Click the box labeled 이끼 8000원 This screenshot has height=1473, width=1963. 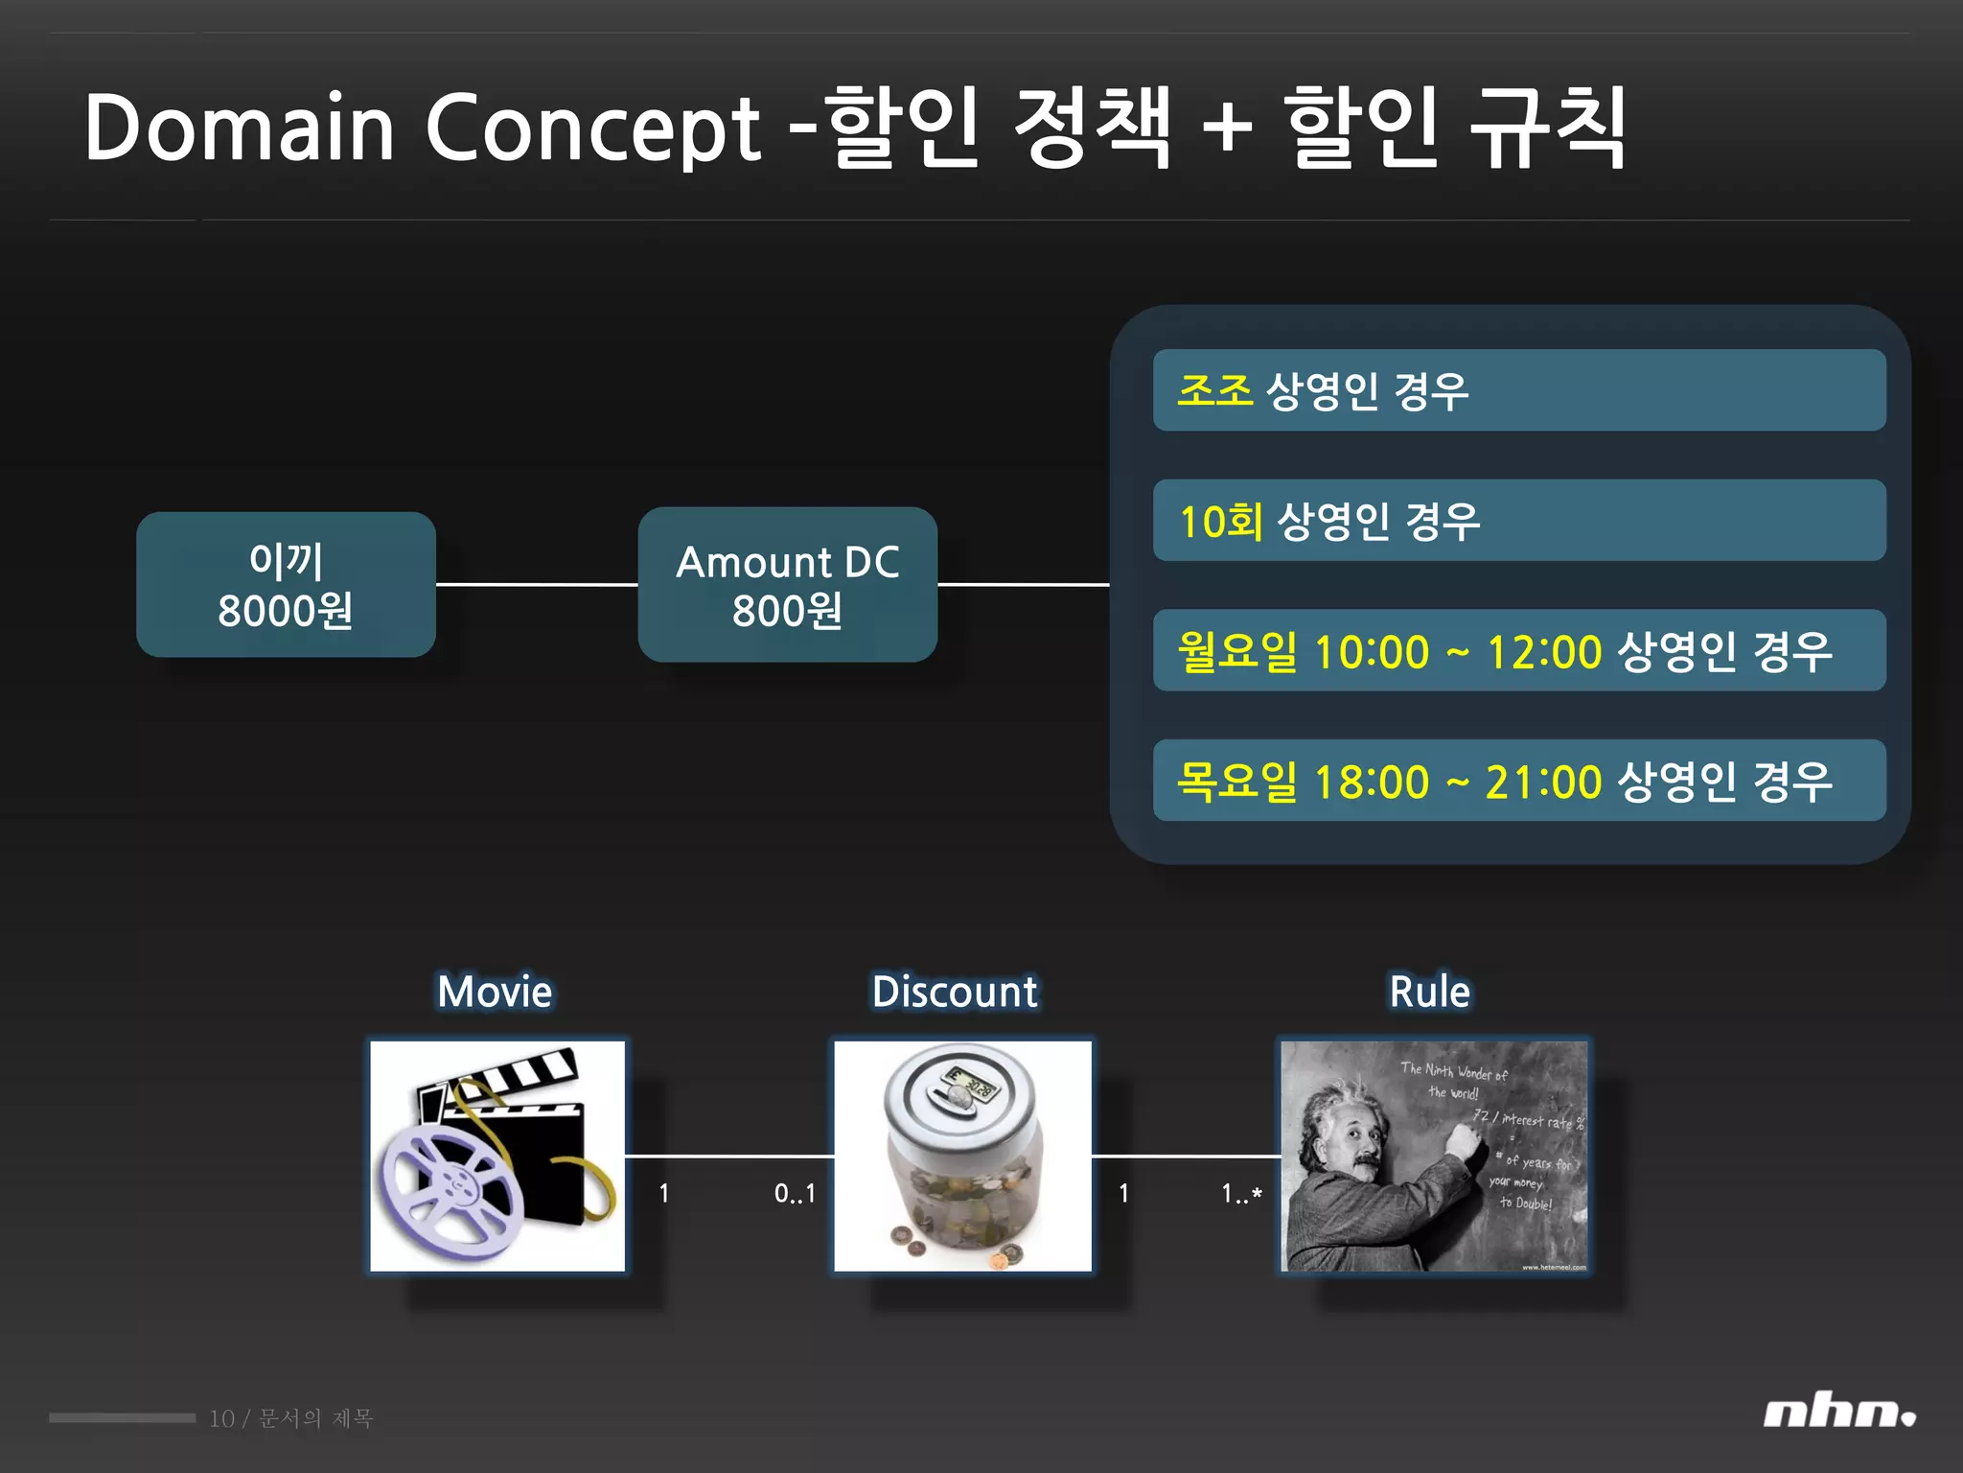[x=286, y=585]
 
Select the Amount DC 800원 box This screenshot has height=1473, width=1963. [x=787, y=585]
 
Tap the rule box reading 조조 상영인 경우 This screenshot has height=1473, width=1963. [x=1518, y=390]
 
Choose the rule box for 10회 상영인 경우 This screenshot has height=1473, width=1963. [x=1518, y=521]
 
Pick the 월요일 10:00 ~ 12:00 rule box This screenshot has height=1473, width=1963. [x=1518, y=651]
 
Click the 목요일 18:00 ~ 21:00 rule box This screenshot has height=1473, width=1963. [x=1518, y=781]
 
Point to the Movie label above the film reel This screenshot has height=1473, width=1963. [x=495, y=992]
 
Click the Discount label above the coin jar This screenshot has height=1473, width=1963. [x=955, y=992]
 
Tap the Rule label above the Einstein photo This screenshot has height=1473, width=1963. [x=1429, y=992]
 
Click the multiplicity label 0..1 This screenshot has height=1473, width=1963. [x=795, y=1194]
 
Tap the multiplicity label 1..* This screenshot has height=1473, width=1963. [x=1241, y=1194]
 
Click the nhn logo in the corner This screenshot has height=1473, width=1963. [x=1838, y=1414]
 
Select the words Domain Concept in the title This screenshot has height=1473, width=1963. [x=422, y=128]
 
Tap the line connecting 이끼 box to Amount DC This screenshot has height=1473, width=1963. [x=537, y=584]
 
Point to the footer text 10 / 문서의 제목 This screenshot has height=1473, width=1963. [x=291, y=1418]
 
